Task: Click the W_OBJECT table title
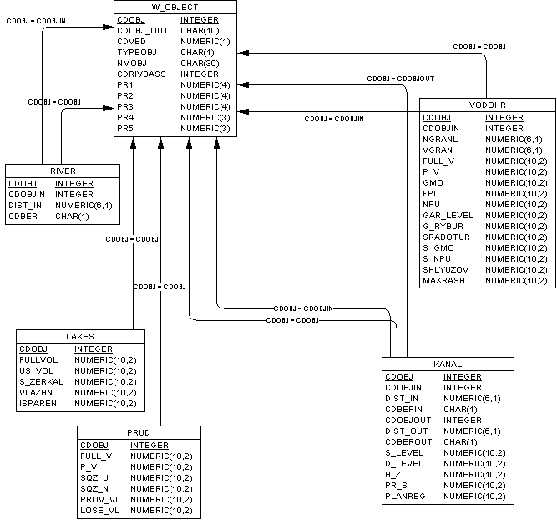pos(175,7)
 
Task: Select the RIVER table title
pos(63,171)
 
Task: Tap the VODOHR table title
pos(488,105)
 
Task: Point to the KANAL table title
pos(448,364)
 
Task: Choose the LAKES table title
pos(80,336)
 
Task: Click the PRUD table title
pos(139,432)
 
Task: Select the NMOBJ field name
pos(133,63)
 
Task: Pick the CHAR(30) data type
pos(199,63)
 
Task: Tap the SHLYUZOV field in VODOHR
pos(445,269)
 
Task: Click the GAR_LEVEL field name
pos(448,215)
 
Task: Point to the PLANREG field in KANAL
pos(406,496)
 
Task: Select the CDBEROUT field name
pos(408,441)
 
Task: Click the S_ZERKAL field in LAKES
pos(42,382)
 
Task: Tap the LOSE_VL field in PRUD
pos(100,510)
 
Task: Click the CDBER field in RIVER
pos(23,216)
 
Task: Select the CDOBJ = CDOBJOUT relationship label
pos(400,79)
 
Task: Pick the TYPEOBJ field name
pos(136,52)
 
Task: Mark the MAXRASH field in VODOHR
pos(444,280)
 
